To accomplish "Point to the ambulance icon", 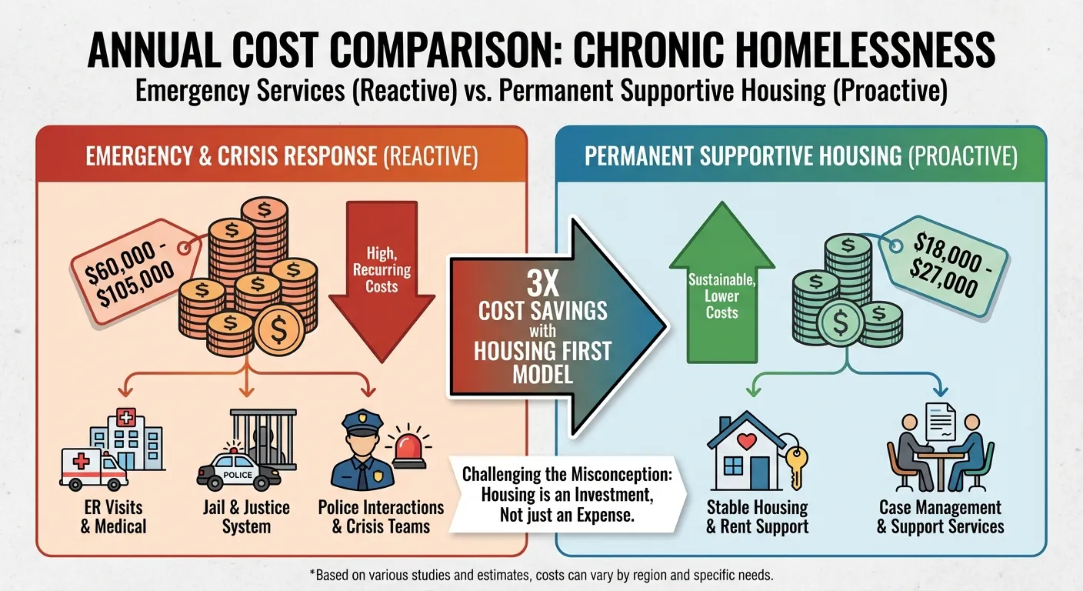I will (x=93, y=466).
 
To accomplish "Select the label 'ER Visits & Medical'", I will (x=114, y=517).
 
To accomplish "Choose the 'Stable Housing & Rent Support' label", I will (x=758, y=517).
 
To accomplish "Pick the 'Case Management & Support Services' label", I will (x=940, y=517).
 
